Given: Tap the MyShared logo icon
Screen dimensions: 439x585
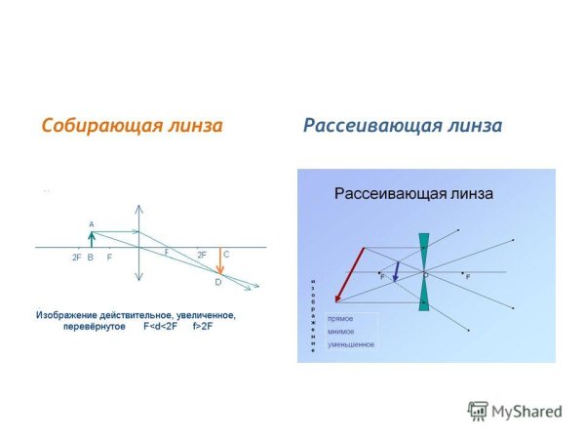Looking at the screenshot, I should tap(477, 411).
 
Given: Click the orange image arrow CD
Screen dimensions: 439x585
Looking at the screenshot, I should tap(219, 262).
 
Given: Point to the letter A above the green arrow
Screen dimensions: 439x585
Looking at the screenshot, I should tap(92, 223).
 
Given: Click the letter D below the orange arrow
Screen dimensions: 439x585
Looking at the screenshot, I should tap(218, 282).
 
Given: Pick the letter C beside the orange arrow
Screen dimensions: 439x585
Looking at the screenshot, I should tap(226, 255).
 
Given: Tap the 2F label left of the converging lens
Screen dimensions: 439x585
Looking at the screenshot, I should tap(76, 258).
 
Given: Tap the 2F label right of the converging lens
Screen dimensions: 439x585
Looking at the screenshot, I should tap(202, 255).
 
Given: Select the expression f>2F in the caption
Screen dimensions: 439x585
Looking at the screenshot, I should tap(202, 327).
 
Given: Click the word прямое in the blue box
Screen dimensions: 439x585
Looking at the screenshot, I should tap(340, 319).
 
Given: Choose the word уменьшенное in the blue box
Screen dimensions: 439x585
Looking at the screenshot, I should tap(351, 344).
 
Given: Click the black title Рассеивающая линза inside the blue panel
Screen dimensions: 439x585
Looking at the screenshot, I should tap(413, 193).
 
